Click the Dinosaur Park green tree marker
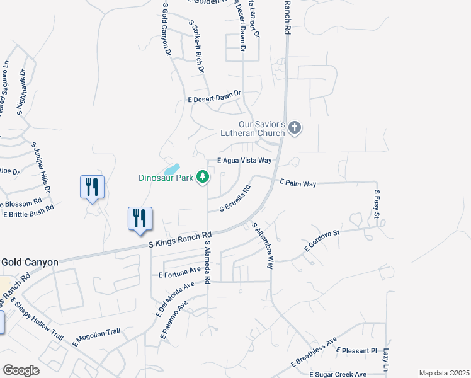point(203,178)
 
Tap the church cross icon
point(294,129)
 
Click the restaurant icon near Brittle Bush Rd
point(92,187)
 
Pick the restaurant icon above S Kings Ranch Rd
point(140,219)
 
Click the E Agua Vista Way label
point(244,161)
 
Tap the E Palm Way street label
point(298,183)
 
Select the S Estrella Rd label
point(235,198)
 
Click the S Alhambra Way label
point(263,246)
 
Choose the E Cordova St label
point(322,241)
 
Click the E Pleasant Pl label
point(356,350)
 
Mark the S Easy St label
point(377,205)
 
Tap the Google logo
point(21,370)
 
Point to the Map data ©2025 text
point(443,373)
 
